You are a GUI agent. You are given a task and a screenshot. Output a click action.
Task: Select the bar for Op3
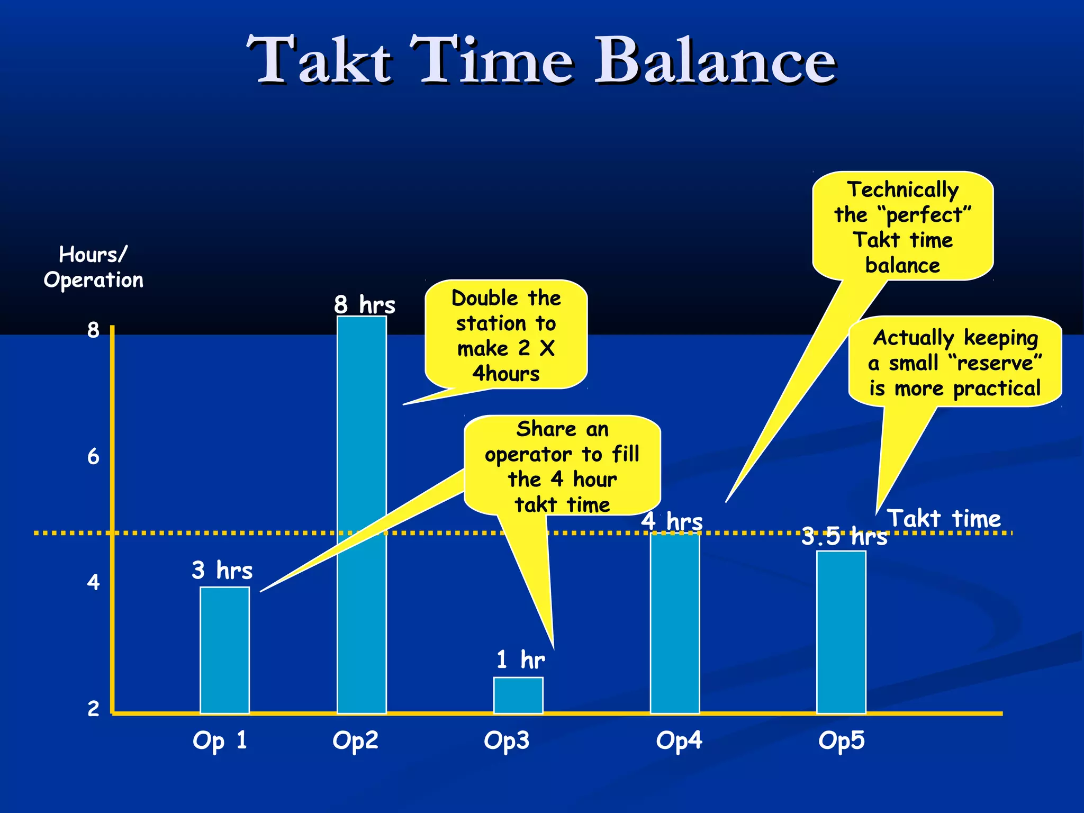[x=518, y=695]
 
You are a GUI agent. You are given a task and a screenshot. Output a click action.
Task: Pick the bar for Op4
[x=675, y=625]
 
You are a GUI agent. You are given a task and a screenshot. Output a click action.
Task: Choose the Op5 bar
[x=841, y=633]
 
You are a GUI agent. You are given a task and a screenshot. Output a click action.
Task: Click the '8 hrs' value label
[x=365, y=305]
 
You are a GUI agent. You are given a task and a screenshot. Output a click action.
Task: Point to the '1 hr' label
[x=520, y=660]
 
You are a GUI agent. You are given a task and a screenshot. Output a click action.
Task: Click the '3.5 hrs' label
[x=844, y=536]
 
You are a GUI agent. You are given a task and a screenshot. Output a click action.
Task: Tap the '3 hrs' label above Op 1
[x=222, y=570]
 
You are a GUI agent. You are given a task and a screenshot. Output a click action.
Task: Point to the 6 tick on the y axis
[x=93, y=456]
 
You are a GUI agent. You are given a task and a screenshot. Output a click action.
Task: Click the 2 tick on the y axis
[x=93, y=708]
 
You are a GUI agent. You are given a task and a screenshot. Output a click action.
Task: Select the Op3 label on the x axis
[x=507, y=740]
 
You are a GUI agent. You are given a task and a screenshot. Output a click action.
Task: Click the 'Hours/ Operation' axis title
[x=94, y=267]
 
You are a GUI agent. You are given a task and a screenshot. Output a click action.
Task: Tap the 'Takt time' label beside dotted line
[x=944, y=518]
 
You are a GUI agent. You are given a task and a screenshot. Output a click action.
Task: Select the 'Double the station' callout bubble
[x=506, y=335]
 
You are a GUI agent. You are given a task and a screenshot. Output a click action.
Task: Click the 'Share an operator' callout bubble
[x=562, y=466]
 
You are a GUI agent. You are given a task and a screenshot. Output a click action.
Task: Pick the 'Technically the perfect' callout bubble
[x=902, y=227]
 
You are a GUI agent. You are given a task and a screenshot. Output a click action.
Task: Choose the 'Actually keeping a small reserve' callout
[x=955, y=363]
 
